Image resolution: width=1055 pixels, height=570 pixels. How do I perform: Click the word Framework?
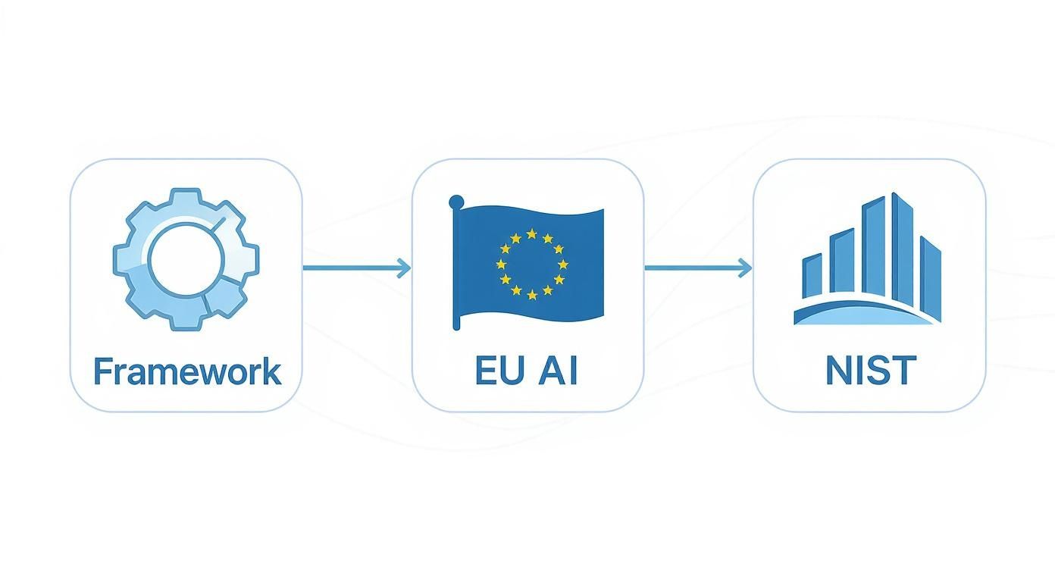click(x=186, y=372)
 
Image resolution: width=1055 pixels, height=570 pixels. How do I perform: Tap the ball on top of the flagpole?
click(x=456, y=202)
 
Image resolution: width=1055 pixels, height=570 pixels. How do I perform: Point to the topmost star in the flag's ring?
click(x=531, y=234)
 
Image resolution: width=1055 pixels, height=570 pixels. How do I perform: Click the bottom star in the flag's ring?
click(x=531, y=294)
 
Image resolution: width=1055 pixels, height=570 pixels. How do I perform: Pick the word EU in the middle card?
click(x=496, y=372)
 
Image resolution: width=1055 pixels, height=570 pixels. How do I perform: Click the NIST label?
click(x=870, y=372)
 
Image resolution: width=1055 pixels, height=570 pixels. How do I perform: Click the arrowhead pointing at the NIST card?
click(x=746, y=267)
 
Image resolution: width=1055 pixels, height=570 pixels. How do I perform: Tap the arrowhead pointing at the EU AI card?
click(x=404, y=267)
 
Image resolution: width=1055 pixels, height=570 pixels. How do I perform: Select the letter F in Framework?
click(x=102, y=371)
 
